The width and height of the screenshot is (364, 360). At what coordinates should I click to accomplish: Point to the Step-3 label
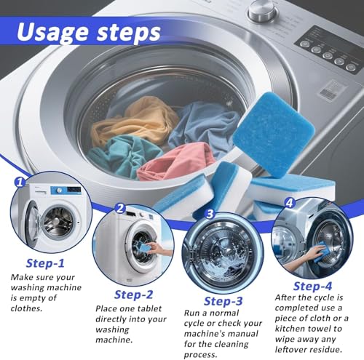(228, 301)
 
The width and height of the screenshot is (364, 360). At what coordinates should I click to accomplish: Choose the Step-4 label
(314, 286)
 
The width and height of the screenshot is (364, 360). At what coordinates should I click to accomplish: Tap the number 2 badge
(119, 208)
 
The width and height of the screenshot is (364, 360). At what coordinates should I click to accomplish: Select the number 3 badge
(210, 215)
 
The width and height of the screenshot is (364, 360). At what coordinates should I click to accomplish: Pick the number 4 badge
(290, 204)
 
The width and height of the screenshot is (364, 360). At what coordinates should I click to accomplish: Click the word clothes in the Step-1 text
(28, 308)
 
